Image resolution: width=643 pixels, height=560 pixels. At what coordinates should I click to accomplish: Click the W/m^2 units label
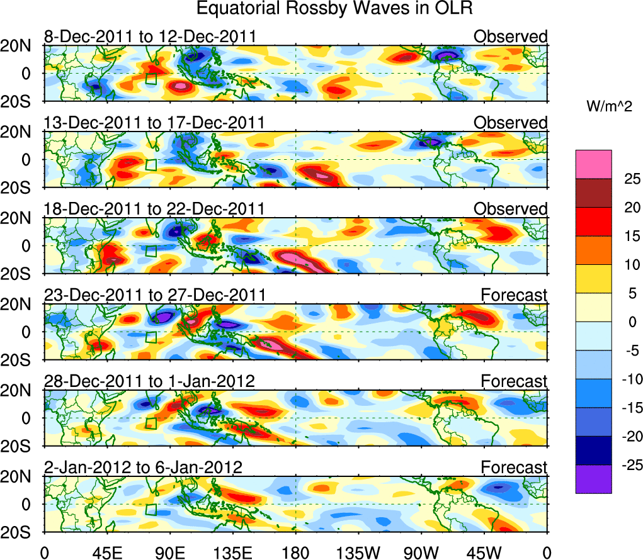608,108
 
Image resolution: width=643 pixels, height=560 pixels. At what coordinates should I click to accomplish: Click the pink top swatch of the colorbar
593,164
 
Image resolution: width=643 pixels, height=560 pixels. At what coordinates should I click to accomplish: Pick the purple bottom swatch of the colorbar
593,479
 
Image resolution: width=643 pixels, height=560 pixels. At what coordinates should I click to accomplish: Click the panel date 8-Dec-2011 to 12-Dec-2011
150,36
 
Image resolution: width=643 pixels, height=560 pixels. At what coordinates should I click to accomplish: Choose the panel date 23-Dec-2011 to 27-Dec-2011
155,294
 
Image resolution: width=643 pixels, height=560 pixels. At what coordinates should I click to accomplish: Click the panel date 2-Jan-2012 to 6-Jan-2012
144,467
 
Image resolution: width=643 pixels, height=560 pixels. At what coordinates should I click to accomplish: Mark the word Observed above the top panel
511,36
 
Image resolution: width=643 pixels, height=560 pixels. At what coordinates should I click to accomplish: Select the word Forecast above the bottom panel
515,467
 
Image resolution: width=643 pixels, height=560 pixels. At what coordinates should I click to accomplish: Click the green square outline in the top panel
151,79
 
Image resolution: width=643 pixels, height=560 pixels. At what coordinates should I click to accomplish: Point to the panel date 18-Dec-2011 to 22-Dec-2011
155,208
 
